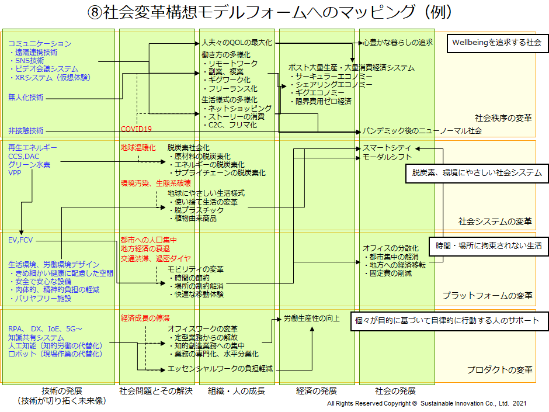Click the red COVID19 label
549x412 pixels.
tap(136, 129)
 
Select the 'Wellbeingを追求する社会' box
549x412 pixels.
tap(497, 43)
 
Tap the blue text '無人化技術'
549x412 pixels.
tap(26, 97)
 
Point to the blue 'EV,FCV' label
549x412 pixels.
tap(20, 240)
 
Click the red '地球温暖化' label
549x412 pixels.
tap(138, 147)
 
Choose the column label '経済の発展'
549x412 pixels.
tap(317, 390)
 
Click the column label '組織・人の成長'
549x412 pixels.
tap(237, 390)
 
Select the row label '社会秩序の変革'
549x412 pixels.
tap(503, 118)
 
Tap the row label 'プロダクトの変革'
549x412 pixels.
tap(499, 369)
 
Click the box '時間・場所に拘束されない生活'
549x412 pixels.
tap(489, 246)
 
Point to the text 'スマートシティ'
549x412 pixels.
tap(387, 148)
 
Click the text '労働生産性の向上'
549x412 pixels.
tap(312, 318)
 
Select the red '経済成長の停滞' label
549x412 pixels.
tap(145, 318)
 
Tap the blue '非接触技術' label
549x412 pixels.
tap(26, 131)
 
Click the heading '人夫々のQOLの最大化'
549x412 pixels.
tap(237, 43)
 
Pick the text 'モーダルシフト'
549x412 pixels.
tap(387, 157)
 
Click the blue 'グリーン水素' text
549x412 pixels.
tap(29, 164)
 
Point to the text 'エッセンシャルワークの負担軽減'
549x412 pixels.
tap(220, 369)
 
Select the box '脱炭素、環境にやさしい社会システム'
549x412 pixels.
tap(477, 173)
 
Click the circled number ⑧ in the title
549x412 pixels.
tap(95, 12)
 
